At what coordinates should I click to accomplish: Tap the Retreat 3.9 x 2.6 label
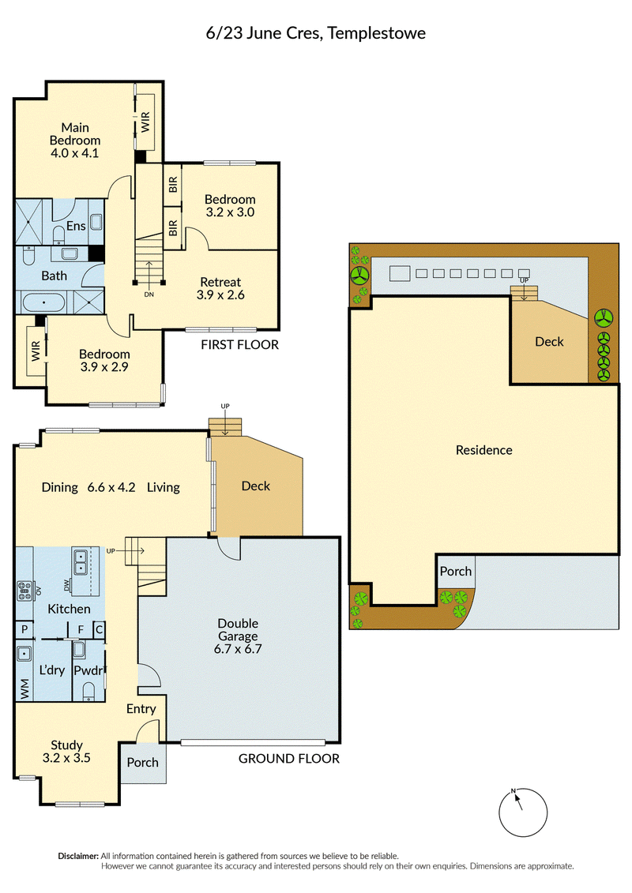coord(220,288)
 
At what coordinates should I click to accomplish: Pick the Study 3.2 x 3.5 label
coord(66,751)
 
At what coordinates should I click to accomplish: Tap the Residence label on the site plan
coord(483,450)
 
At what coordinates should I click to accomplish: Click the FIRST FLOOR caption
coord(240,344)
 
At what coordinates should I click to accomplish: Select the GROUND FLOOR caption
coord(289,759)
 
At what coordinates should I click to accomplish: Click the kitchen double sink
coord(81,561)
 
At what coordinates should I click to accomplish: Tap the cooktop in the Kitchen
coord(24,591)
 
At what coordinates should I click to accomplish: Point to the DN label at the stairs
coord(149,295)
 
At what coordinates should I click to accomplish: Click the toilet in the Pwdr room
coord(89,692)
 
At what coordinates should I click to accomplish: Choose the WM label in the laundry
coord(24,689)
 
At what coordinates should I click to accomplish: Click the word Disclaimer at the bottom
coord(78,856)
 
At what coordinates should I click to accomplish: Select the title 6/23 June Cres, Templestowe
coord(316,33)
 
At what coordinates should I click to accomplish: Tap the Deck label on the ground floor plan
coord(256,486)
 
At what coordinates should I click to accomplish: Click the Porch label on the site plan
coord(456,571)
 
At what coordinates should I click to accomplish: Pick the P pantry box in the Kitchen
coord(24,629)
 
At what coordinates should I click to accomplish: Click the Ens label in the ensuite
coord(76,226)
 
